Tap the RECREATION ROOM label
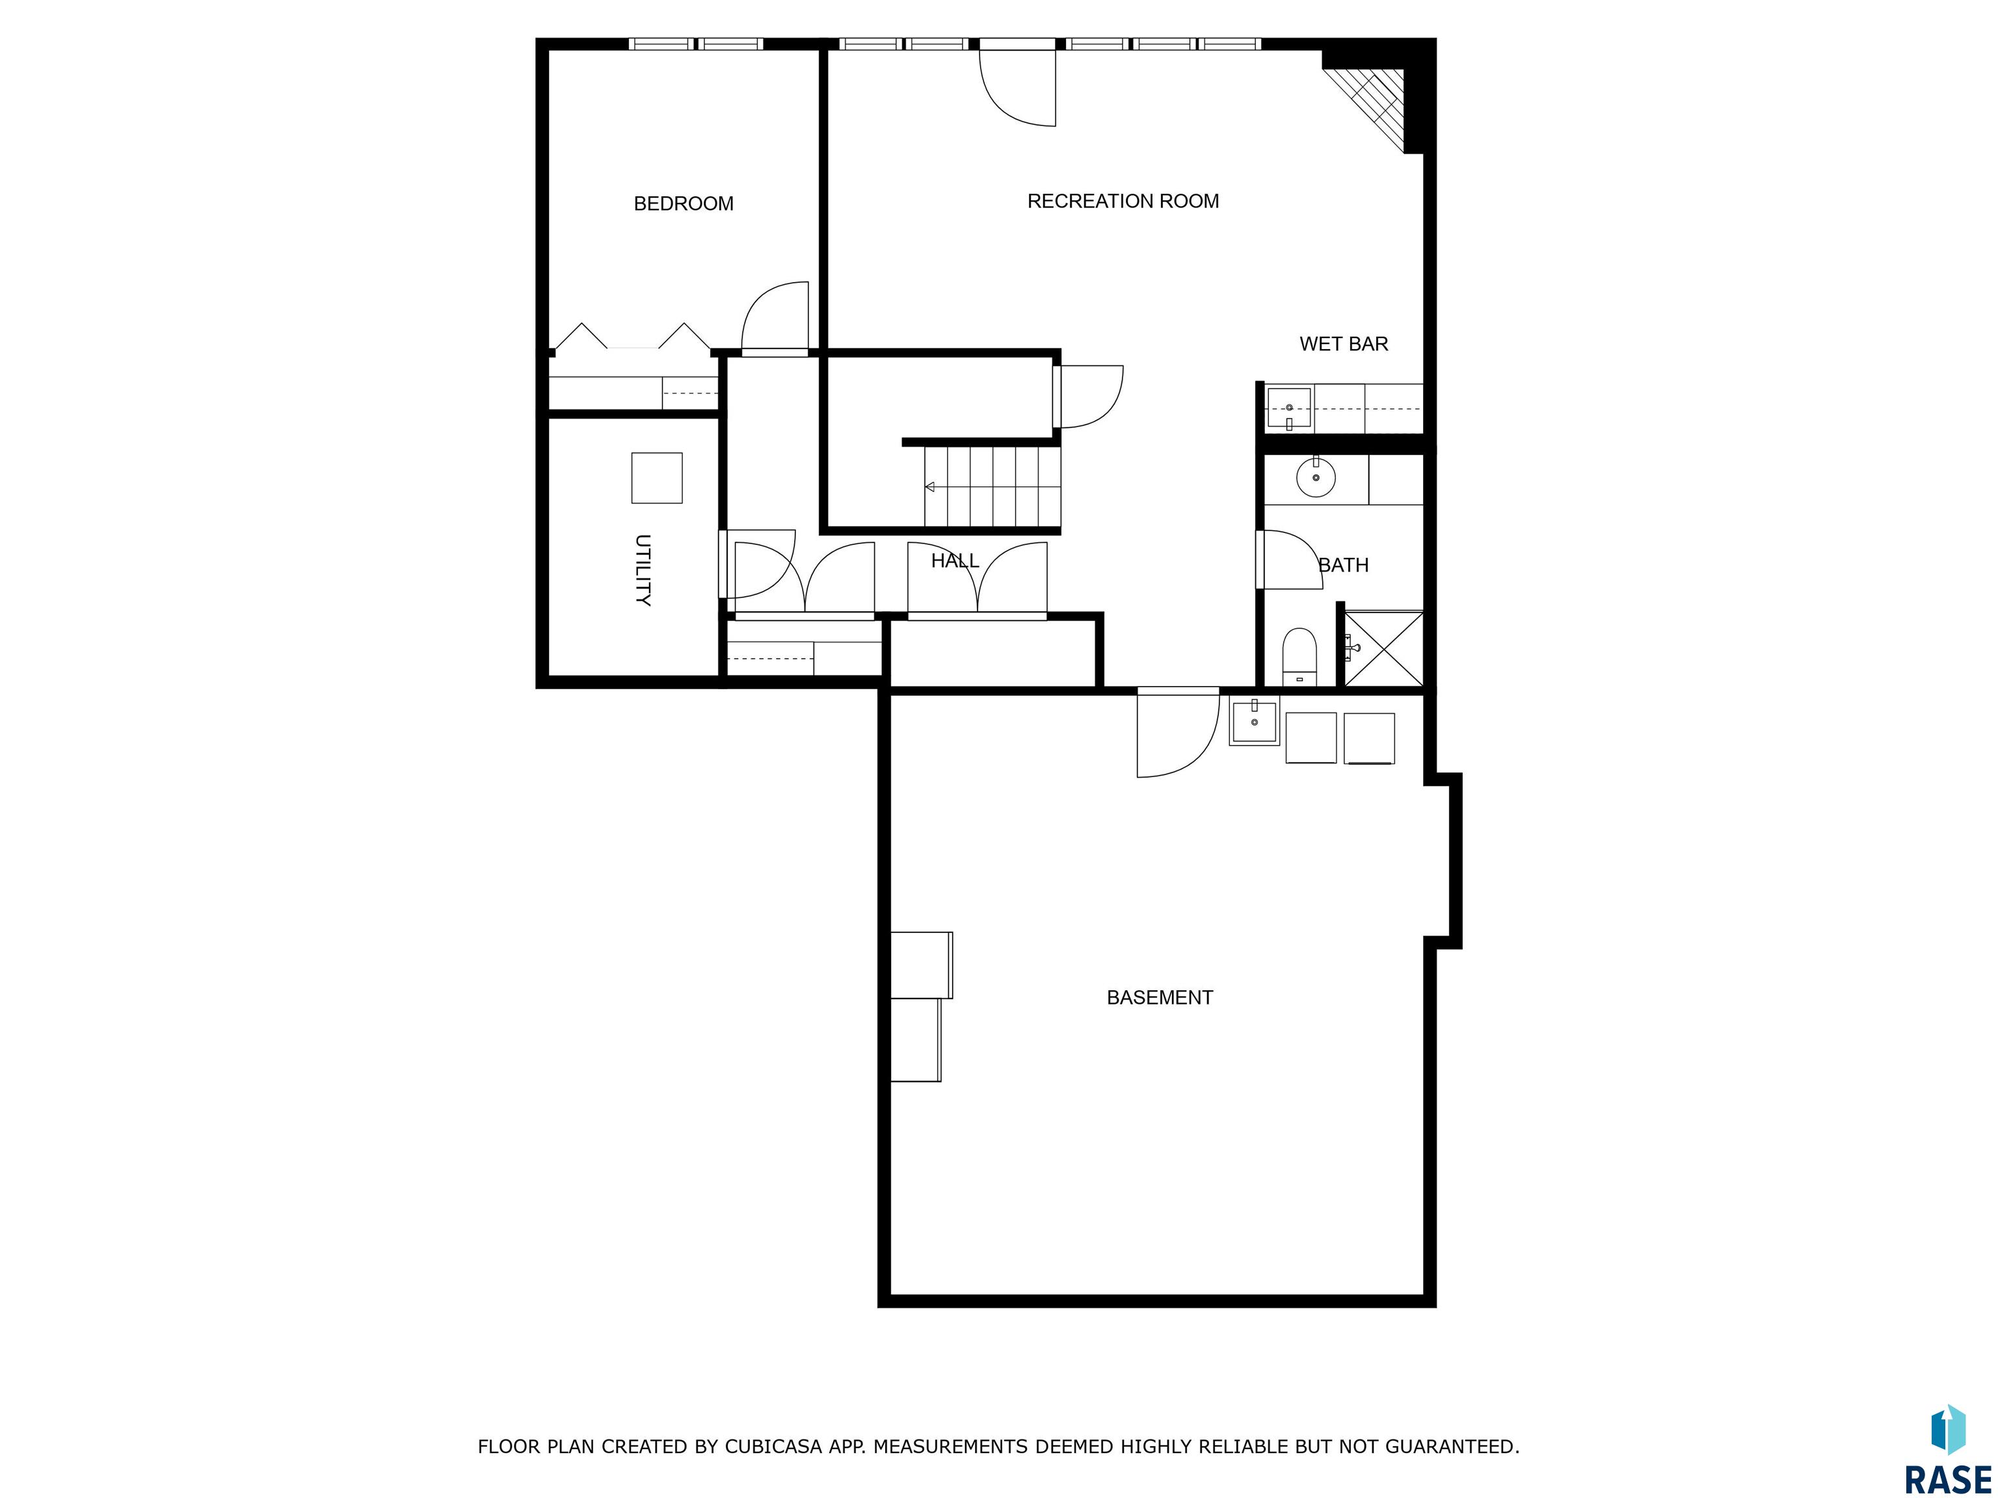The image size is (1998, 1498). pos(1123,202)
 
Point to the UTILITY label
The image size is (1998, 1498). pos(642,570)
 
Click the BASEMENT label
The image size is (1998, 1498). pos(1159,998)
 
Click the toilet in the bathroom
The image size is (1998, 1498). pos(1299,655)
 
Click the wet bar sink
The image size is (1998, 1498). pos(1289,408)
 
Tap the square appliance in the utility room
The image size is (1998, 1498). pos(657,478)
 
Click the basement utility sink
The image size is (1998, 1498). pos(1255,722)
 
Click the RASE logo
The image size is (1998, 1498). pos(1947,1449)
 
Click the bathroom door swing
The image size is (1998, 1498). pos(1290,560)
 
